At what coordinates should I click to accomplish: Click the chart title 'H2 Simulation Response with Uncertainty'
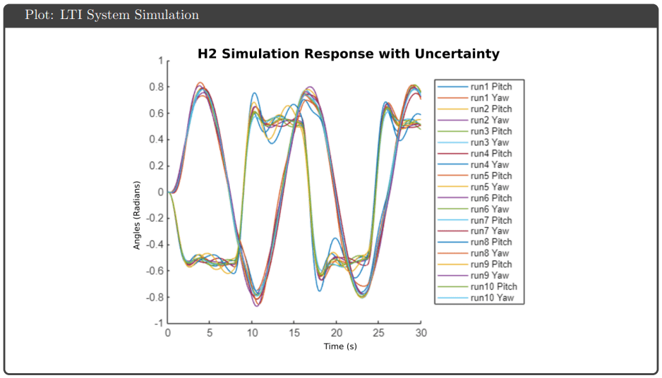click(x=349, y=54)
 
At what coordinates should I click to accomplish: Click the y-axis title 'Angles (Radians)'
click(x=136, y=215)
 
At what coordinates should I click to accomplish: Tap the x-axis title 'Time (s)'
click(x=340, y=346)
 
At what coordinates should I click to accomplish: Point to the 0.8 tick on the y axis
click(x=156, y=87)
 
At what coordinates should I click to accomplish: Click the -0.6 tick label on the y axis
click(x=155, y=271)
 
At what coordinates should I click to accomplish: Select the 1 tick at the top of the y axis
click(x=160, y=61)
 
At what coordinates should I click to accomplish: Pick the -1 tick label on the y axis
click(x=158, y=323)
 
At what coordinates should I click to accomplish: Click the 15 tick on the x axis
click(x=294, y=333)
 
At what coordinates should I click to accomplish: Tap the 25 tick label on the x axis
click(x=379, y=333)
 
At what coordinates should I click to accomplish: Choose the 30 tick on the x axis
click(x=421, y=333)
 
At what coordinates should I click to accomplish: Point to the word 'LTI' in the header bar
click(x=71, y=15)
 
